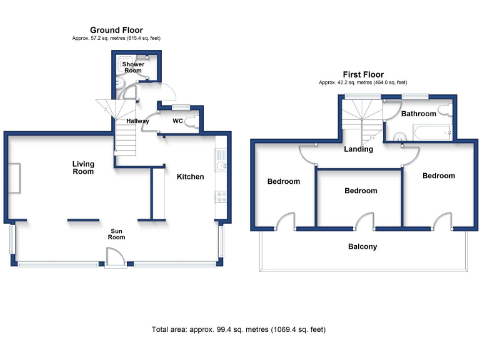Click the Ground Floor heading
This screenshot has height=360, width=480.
point(116,30)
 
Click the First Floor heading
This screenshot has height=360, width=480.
point(362,74)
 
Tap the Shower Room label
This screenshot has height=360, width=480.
point(133,67)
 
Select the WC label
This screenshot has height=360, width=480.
point(177,121)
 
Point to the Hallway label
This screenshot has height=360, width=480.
point(137,121)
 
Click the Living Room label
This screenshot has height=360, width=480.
point(83,167)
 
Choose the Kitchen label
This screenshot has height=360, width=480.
point(190,177)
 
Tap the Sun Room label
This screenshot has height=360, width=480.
point(117,233)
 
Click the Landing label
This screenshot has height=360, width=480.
point(359,149)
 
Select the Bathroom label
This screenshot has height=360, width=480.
point(418,114)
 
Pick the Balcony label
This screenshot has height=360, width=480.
point(362,247)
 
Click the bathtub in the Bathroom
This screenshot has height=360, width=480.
point(431,132)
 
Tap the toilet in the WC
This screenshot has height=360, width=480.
point(194,121)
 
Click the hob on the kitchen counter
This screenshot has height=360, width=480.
point(221,197)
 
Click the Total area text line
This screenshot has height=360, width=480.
point(239,329)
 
